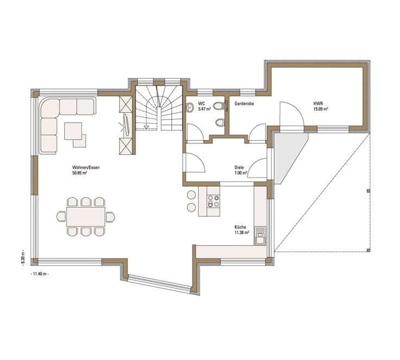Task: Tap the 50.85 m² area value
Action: [x=80, y=174]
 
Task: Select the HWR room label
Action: [x=317, y=102]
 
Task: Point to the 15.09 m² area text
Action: [x=320, y=109]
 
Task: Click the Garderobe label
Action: [x=245, y=103]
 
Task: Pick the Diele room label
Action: [x=239, y=167]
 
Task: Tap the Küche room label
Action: [x=240, y=226]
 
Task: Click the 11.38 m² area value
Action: [x=242, y=232]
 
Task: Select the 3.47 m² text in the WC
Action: [x=204, y=109]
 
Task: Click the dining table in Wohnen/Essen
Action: [x=85, y=217]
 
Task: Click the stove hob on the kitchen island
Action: [x=212, y=200]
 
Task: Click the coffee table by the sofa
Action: [x=73, y=130]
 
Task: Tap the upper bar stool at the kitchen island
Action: [x=191, y=195]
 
